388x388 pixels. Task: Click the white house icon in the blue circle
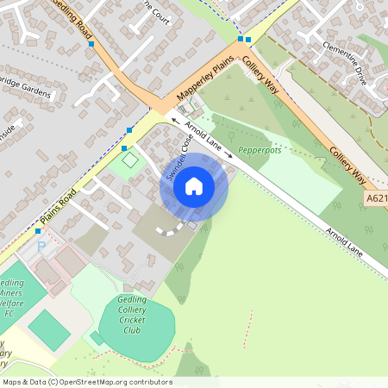(194, 185)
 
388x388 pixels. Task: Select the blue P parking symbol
(41, 247)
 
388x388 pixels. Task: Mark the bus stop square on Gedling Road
(91, 43)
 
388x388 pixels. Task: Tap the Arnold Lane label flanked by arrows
(203, 137)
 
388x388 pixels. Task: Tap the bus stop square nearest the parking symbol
(38, 231)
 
